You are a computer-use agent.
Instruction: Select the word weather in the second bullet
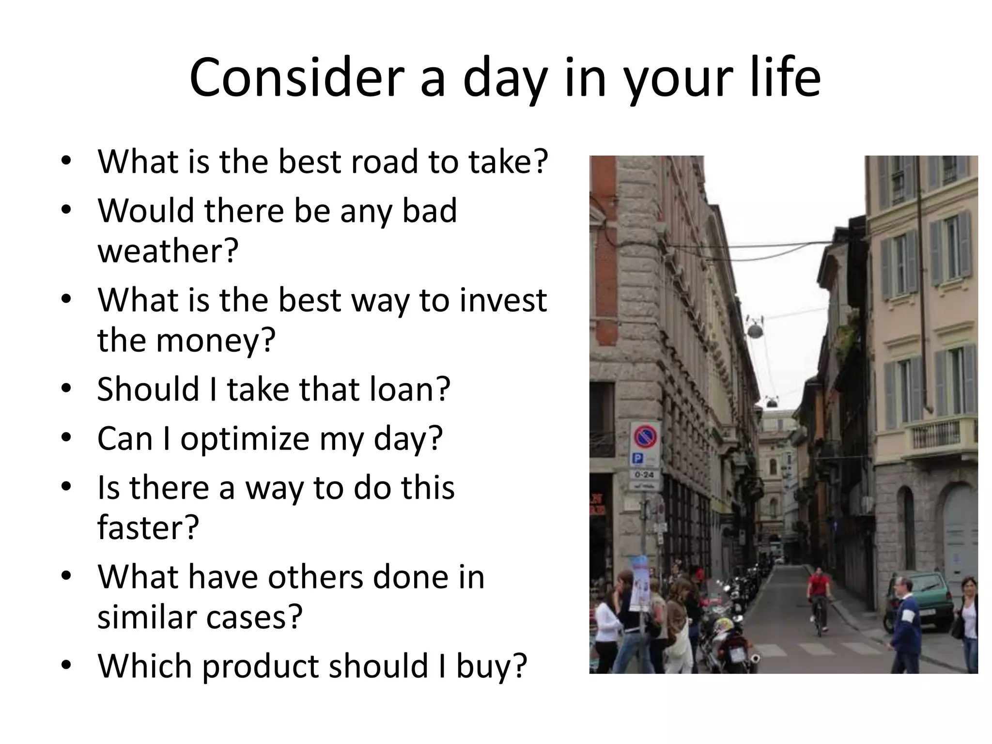pyautogui.click(x=168, y=251)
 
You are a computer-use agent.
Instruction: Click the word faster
pyautogui.click(x=148, y=528)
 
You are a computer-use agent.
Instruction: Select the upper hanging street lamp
pyautogui.click(x=754, y=330)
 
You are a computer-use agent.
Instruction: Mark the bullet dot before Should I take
pyautogui.click(x=66, y=388)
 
